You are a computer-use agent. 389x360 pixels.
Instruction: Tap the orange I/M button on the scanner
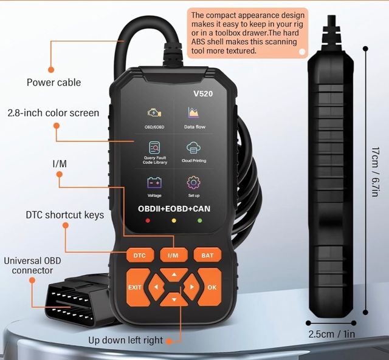(x=174, y=255)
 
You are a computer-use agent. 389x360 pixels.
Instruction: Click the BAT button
(x=207, y=255)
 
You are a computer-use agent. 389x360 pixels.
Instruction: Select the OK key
(x=210, y=287)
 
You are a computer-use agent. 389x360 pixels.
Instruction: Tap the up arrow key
(x=174, y=275)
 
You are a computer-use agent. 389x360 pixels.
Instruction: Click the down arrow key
(x=174, y=299)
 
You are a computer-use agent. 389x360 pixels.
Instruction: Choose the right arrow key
(x=191, y=287)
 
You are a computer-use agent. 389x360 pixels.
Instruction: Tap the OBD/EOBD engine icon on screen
(x=154, y=113)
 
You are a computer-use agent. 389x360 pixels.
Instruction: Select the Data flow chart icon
(x=193, y=113)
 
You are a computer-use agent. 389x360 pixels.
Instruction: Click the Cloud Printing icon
(x=193, y=148)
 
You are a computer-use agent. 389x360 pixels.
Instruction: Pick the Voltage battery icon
(x=154, y=183)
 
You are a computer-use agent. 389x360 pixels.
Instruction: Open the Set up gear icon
(x=193, y=183)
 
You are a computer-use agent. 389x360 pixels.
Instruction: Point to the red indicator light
(x=148, y=220)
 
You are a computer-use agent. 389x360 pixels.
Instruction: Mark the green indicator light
(x=200, y=220)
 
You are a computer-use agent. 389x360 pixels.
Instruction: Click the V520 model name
(x=203, y=93)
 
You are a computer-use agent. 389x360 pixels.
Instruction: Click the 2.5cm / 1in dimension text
(x=331, y=334)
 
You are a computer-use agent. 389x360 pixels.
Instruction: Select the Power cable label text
(x=54, y=83)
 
